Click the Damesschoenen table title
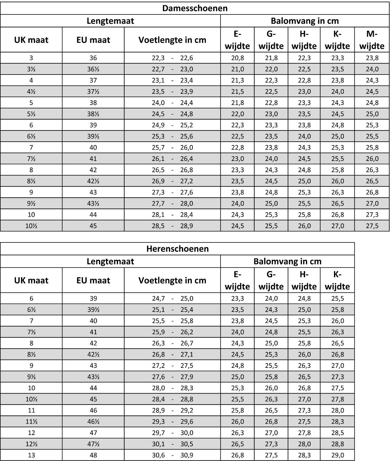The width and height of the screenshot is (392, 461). [195, 8]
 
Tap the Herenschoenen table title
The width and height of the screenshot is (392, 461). [177, 249]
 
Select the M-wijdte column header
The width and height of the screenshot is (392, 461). [372, 40]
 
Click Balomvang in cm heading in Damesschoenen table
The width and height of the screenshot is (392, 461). [305, 21]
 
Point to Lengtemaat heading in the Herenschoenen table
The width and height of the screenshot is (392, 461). [110, 261]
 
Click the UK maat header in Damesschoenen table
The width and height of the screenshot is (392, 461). [31, 40]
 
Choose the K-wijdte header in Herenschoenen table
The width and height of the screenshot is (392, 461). [337, 280]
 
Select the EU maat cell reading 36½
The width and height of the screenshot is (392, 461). [93, 69]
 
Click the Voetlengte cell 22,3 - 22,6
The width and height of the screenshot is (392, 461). [172, 58]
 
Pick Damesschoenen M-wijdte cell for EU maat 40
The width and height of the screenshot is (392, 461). [372, 147]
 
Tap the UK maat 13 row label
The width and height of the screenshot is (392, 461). [31, 455]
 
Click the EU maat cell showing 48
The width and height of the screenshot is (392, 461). [93, 455]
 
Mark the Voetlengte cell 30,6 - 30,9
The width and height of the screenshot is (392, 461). [172, 455]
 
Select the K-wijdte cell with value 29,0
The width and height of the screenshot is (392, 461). [337, 455]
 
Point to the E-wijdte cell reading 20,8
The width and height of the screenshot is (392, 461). [237, 58]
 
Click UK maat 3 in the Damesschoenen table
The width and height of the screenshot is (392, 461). [31, 58]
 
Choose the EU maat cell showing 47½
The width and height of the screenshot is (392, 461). [93, 444]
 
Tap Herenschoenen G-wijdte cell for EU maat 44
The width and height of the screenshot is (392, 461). [271, 388]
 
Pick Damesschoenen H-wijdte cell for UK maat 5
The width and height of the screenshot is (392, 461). [304, 103]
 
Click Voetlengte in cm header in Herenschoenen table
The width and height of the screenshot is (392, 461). [172, 280]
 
